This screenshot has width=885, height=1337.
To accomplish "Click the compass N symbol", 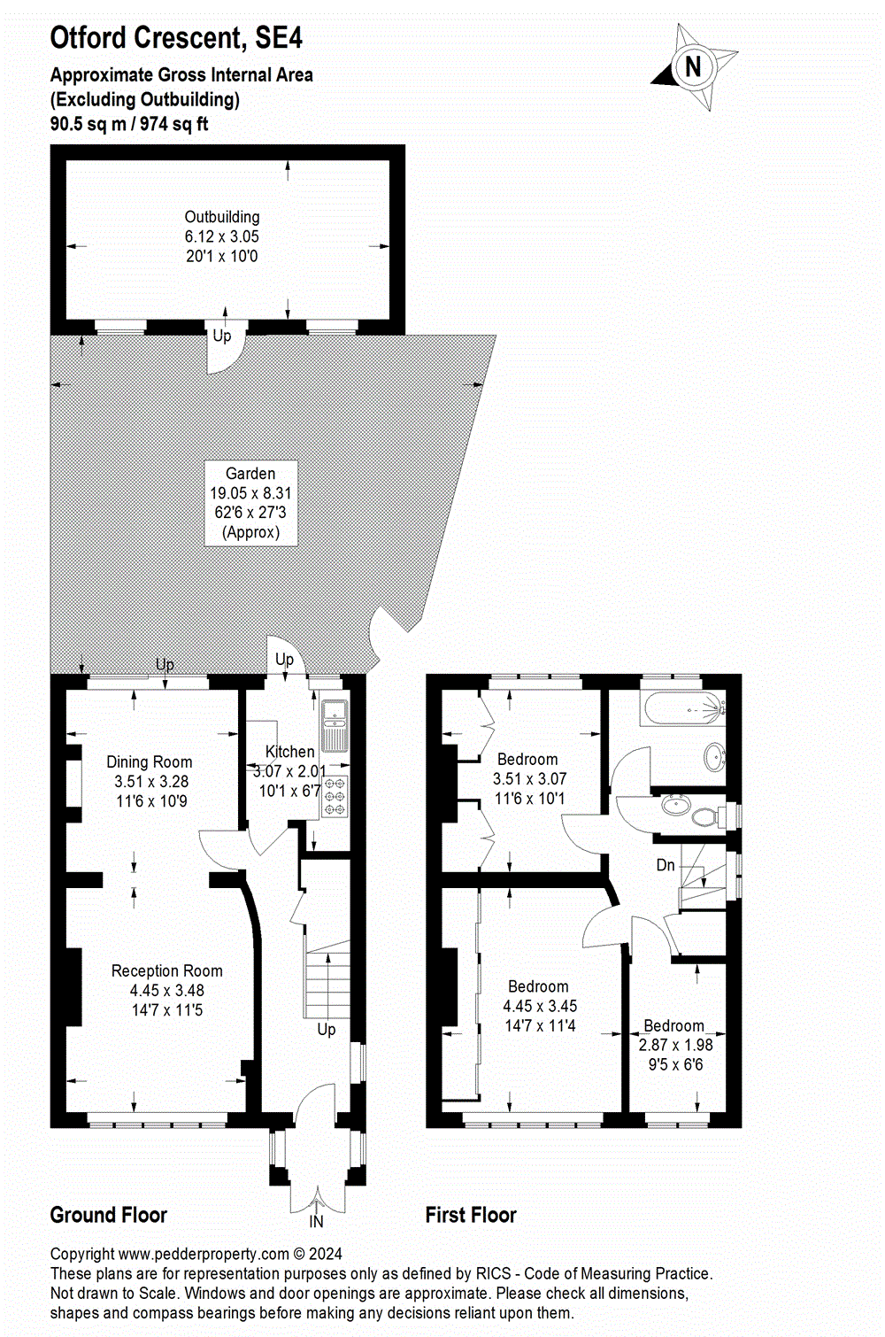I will click(694, 66).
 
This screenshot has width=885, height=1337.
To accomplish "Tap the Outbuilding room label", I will click(221, 217).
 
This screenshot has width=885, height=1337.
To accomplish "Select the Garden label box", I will click(251, 502).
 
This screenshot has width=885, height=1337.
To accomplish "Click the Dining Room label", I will click(150, 762).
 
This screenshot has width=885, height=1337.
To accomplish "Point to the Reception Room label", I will click(166, 971).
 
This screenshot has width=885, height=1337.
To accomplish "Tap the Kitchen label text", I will click(289, 752).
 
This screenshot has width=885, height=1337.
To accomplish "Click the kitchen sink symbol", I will click(335, 723).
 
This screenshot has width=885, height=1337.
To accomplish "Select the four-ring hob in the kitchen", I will click(335, 796).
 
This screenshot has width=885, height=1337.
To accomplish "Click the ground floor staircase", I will click(327, 983).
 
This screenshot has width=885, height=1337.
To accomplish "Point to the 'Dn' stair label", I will click(666, 865).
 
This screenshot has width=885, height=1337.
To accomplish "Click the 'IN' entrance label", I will click(316, 1222).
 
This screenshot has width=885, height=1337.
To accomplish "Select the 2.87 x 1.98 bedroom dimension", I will click(675, 1045).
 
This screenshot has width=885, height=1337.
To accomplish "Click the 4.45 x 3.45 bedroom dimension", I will click(540, 1006).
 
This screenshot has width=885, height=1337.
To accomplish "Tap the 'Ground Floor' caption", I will click(108, 1215).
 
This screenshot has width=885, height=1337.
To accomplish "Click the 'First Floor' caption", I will click(471, 1215).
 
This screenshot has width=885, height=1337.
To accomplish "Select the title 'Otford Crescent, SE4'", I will click(176, 38).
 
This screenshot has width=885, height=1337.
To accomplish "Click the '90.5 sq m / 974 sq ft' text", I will click(129, 124).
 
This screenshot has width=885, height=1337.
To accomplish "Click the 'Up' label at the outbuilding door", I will click(221, 336).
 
